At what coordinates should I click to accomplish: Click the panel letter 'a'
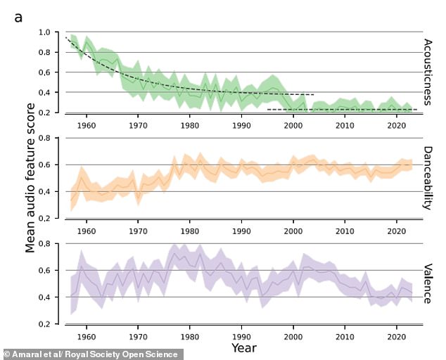(x=18, y=18)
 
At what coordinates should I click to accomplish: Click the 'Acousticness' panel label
(x=428, y=72)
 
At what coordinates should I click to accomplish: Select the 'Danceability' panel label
(x=428, y=178)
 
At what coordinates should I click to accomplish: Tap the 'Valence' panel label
(x=428, y=284)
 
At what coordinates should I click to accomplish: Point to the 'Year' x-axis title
(x=244, y=347)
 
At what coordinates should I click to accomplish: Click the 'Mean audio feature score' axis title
(x=30, y=178)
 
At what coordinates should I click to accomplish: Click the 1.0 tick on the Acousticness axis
(x=44, y=32)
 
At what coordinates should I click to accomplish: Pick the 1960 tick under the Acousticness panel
(x=87, y=125)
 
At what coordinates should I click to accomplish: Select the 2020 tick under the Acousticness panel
(x=397, y=125)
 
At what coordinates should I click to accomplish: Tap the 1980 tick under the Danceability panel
(x=190, y=231)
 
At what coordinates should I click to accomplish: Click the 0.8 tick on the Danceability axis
(x=44, y=138)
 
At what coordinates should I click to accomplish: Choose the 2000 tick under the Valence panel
(x=293, y=337)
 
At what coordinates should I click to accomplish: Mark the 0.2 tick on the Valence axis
(x=44, y=324)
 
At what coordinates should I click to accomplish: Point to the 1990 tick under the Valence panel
(x=241, y=337)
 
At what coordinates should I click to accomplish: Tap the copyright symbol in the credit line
(x=7, y=354)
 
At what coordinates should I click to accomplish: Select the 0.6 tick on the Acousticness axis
(x=44, y=72)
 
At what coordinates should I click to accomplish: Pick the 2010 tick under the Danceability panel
(x=345, y=231)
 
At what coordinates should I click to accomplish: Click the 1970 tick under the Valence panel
(x=139, y=337)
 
